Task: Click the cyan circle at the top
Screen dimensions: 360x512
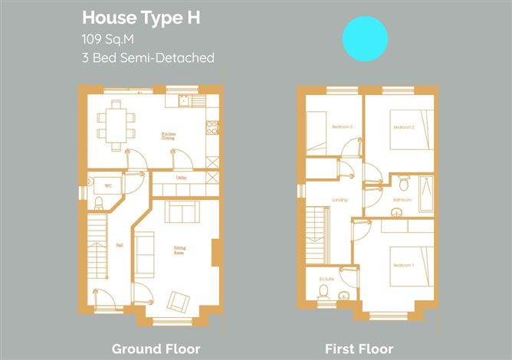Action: [365, 38]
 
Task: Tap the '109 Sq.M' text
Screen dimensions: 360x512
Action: [108, 38]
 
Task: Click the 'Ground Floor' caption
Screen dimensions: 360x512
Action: [156, 349]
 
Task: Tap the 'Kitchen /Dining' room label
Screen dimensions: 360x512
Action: [168, 137]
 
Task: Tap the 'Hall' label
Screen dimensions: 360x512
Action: [98, 246]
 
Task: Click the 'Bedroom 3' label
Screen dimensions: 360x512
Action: [342, 126]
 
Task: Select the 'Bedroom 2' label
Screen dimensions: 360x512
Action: [402, 126]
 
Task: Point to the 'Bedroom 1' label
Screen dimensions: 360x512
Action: [402, 264]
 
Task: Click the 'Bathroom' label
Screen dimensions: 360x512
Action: [402, 200]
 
